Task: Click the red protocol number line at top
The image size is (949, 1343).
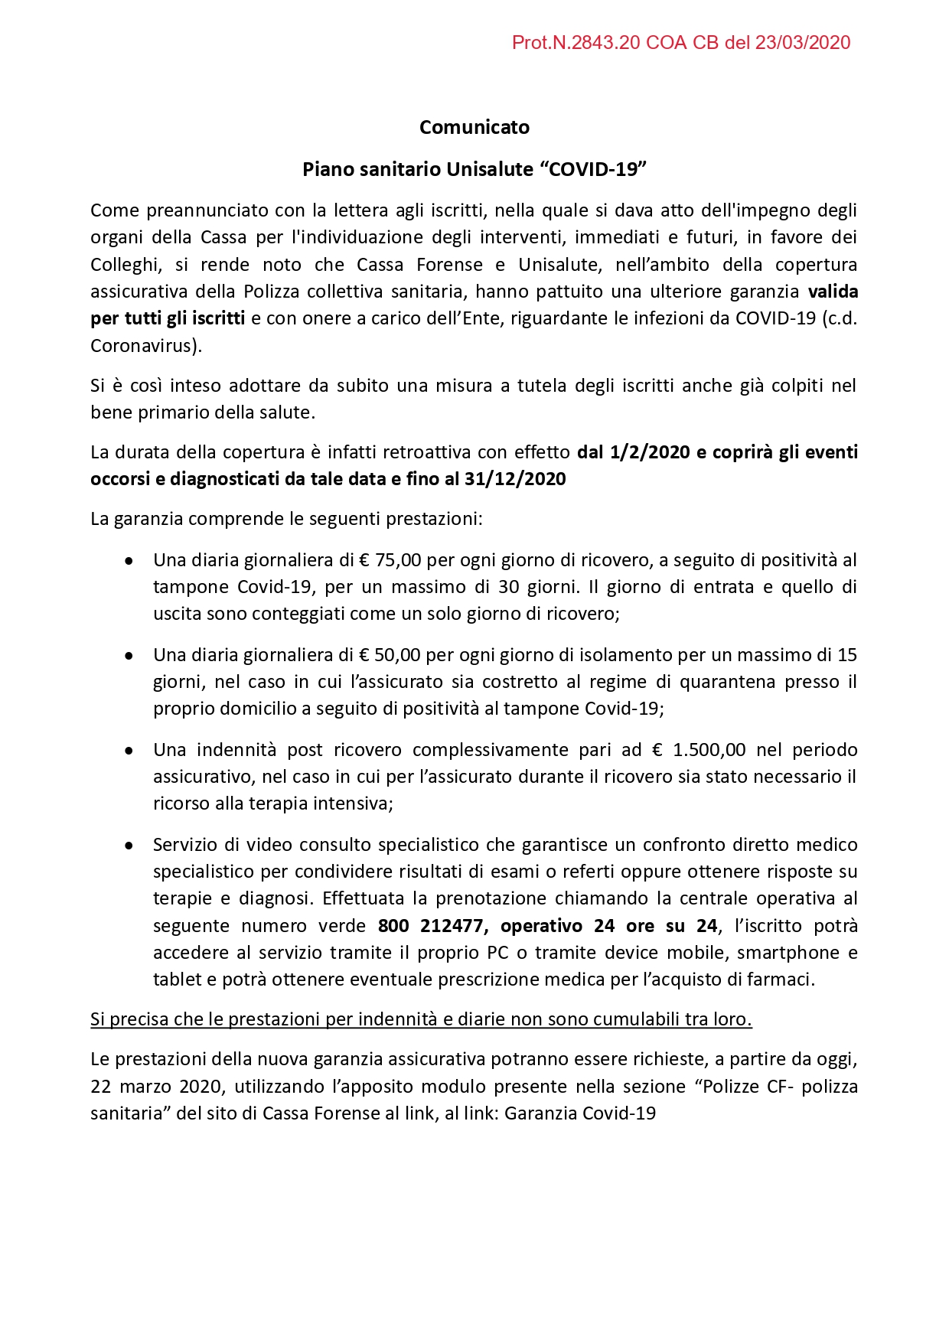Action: pyautogui.click(x=680, y=43)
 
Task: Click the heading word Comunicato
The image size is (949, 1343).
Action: pyautogui.click(x=475, y=127)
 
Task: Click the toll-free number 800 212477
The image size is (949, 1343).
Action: pyautogui.click(x=432, y=926)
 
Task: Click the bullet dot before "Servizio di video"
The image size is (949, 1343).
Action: pyautogui.click(x=129, y=846)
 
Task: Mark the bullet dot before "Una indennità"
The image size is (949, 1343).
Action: pyautogui.click(x=129, y=751)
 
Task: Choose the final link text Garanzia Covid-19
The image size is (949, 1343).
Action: pyautogui.click(x=579, y=1113)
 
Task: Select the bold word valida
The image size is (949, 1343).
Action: pyautogui.click(x=833, y=292)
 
